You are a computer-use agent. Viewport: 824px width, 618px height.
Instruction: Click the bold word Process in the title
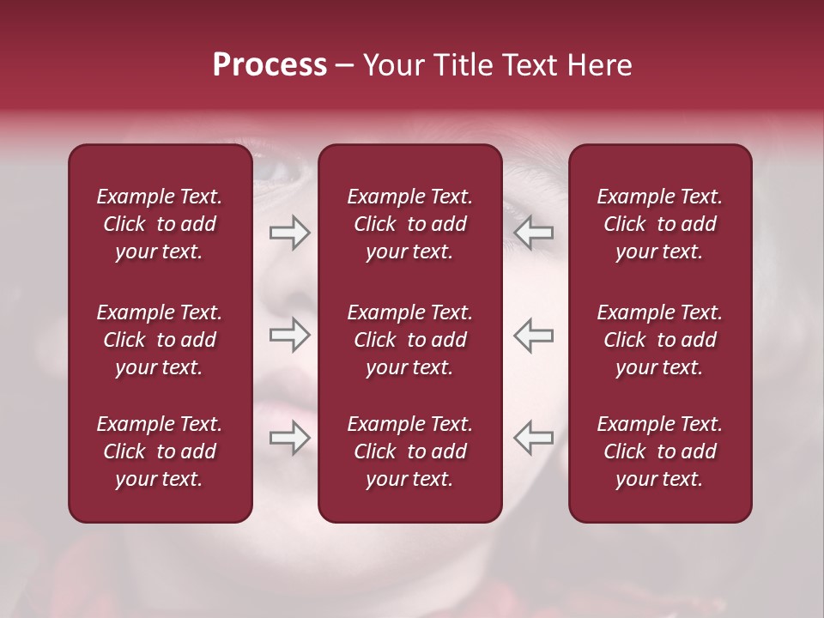click(x=270, y=65)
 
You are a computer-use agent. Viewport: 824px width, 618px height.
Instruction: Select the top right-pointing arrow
click(x=289, y=233)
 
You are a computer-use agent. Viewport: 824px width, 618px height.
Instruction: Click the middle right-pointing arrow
click(x=289, y=336)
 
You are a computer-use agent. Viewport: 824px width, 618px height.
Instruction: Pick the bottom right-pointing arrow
click(x=289, y=439)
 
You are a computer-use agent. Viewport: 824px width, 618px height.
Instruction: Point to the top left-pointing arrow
click(x=533, y=233)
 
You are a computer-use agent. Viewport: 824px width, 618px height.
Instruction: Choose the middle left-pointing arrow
click(x=533, y=336)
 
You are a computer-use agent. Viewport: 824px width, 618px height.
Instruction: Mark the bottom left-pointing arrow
click(x=533, y=439)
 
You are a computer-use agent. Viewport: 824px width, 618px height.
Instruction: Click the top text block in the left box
click(x=160, y=224)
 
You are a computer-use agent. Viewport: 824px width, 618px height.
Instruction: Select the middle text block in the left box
click(x=160, y=340)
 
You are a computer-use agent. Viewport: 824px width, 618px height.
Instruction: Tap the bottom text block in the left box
click(x=160, y=451)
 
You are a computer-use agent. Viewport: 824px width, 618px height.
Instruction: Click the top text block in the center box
click(x=409, y=224)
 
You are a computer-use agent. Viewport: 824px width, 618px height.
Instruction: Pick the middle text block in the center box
click(x=409, y=340)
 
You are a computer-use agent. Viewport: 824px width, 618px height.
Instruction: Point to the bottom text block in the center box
click(x=409, y=451)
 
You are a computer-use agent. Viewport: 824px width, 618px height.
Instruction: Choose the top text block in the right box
click(x=659, y=224)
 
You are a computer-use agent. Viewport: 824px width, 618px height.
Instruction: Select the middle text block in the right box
click(x=659, y=340)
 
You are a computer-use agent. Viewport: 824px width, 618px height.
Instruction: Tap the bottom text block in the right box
click(x=659, y=451)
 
